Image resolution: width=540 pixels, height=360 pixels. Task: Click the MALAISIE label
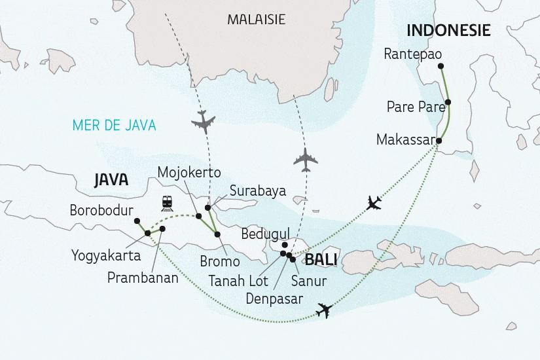click(256, 20)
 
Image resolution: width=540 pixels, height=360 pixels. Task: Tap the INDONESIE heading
click(449, 30)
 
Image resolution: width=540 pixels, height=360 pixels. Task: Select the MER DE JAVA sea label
click(115, 125)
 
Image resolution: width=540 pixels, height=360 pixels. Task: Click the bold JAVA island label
click(111, 180)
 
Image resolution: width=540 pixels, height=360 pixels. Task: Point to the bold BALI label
click(321, 260)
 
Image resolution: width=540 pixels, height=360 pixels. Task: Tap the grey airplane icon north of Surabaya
click(204, 121)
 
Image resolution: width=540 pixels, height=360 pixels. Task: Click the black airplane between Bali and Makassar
click(374, 203)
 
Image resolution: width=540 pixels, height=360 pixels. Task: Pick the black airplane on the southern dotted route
click(323, 311)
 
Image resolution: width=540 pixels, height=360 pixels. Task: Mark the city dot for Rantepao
click(441, 65)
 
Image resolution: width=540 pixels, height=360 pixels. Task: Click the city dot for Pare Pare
click(448, 102)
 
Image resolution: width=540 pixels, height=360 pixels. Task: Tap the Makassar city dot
click(439, 141)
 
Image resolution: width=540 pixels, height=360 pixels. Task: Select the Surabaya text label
click(257, 191)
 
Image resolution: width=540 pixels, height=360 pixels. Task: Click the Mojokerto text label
click(189, 172)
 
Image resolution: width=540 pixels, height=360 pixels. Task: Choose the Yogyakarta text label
click(107, 255)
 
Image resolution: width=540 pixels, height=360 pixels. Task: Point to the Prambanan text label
click(143, 277)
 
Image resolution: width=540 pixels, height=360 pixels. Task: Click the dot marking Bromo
click(217, 234)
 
